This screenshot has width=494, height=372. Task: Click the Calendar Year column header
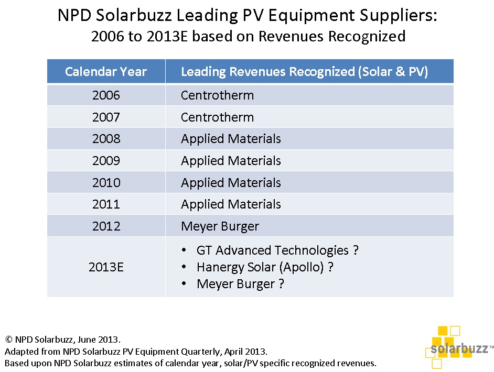click(106, 72)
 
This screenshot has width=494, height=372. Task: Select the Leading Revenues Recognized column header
click(304, 72)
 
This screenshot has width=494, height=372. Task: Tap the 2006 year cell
click(106, 95)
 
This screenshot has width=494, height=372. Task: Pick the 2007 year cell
click(106, 117)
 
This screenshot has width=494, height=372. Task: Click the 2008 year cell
click(106, 139)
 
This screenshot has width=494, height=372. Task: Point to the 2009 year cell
click(106, 161)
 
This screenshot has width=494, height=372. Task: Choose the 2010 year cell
click(106, 183)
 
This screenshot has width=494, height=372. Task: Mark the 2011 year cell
click(106, 204)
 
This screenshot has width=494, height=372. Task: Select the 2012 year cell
click(106, 226)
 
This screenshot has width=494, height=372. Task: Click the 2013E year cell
click(106, 267)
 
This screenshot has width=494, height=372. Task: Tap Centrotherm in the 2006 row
click(217, 95)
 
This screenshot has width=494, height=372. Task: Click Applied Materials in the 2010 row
click(231, 183)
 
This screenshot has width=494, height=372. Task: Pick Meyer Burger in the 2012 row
click(220, 226)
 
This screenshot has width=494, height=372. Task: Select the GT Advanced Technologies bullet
click(277, 250)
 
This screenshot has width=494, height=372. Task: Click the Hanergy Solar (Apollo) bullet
click(265, 267)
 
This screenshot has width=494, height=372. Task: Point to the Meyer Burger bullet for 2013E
click(240, 284)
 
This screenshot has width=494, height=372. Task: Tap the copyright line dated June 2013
click(63, 339)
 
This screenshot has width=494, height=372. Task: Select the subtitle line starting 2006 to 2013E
click(248, 36)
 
